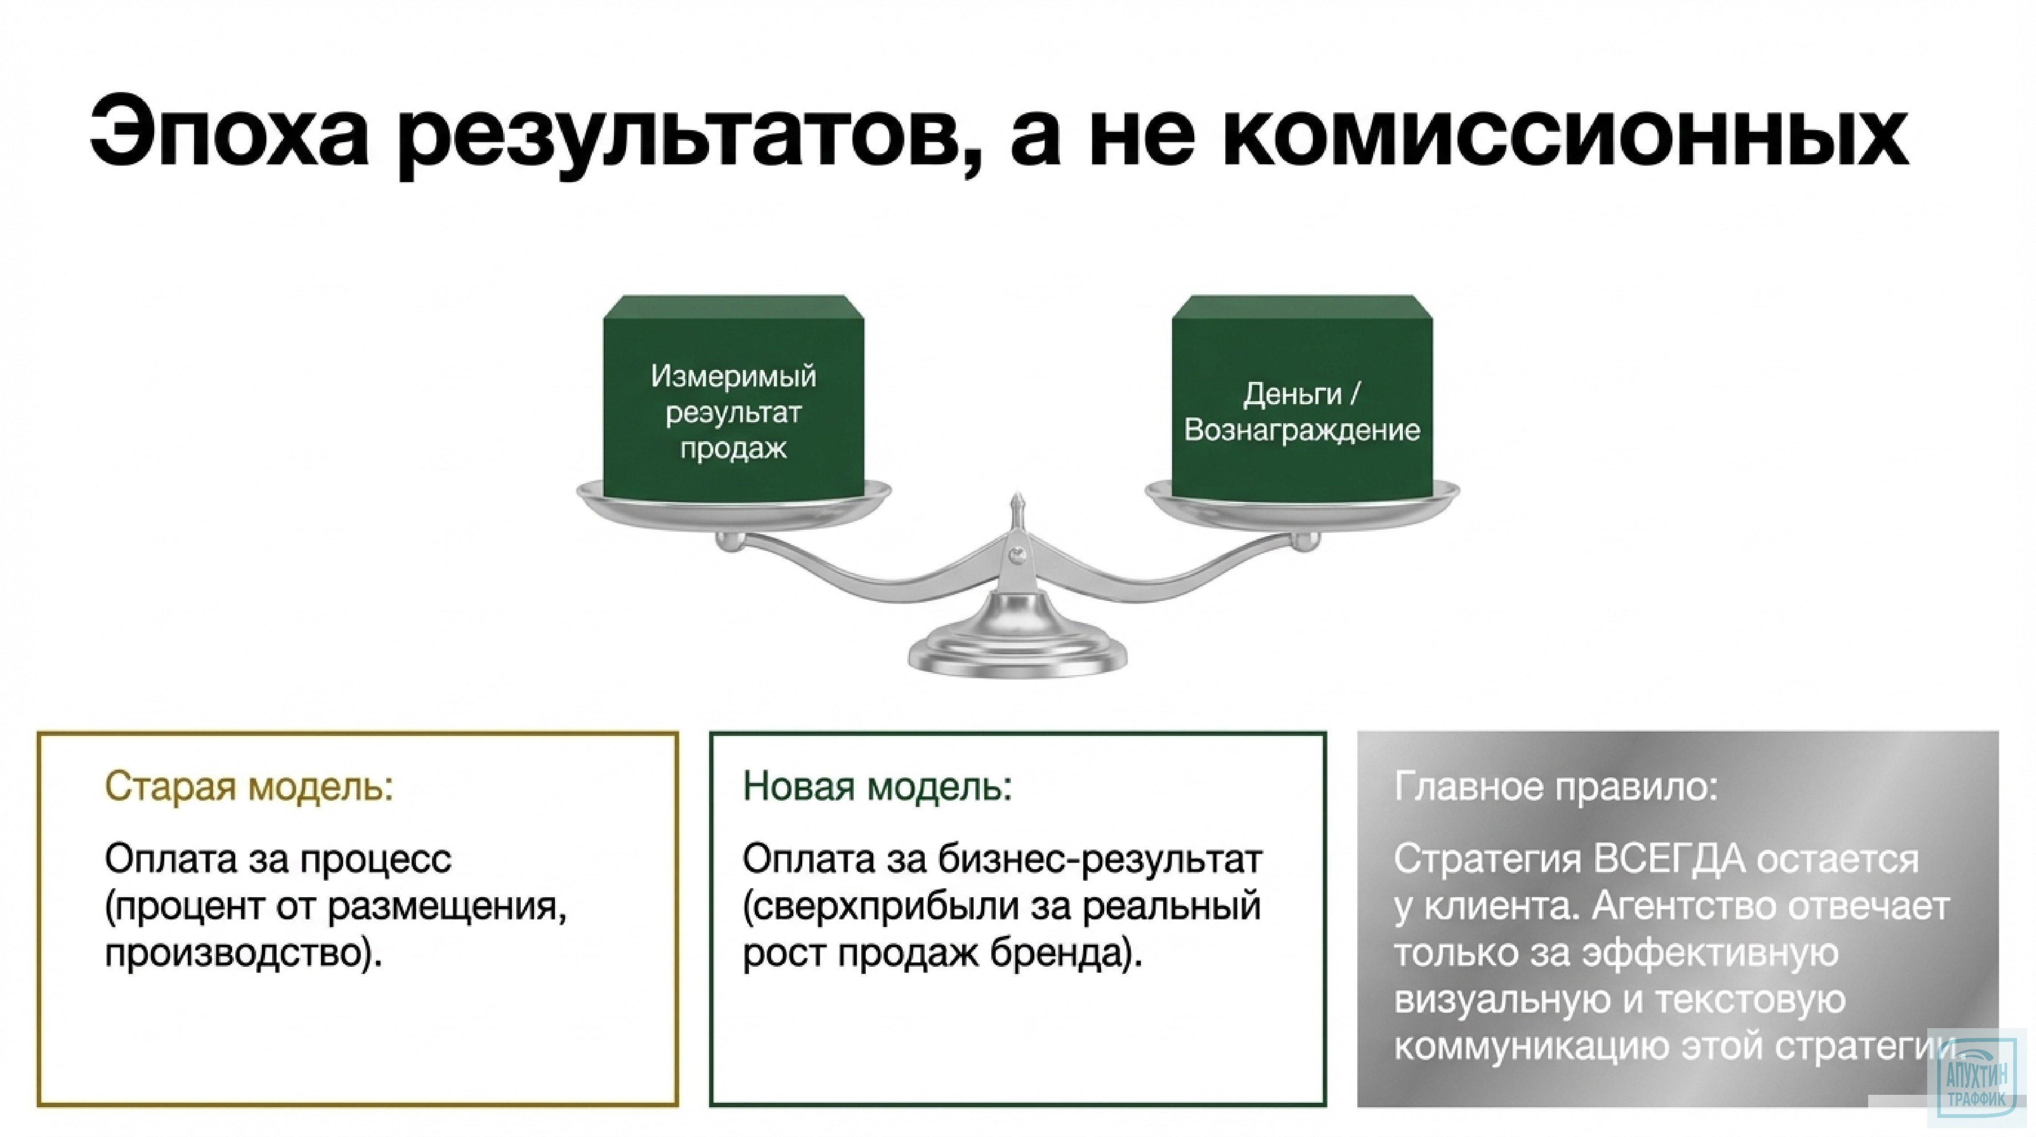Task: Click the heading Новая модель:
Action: pos(877,787)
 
